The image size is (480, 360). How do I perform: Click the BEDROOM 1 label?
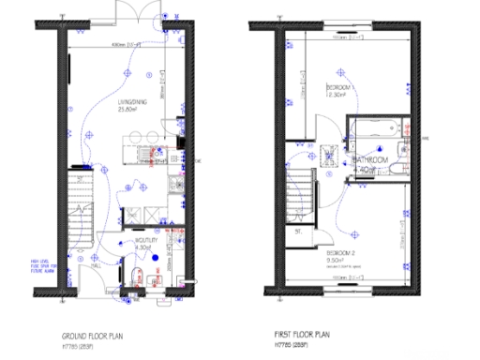coord(337,85)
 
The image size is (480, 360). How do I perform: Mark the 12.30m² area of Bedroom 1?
coord(336,94)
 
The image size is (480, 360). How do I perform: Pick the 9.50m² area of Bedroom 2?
coord(336,262)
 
